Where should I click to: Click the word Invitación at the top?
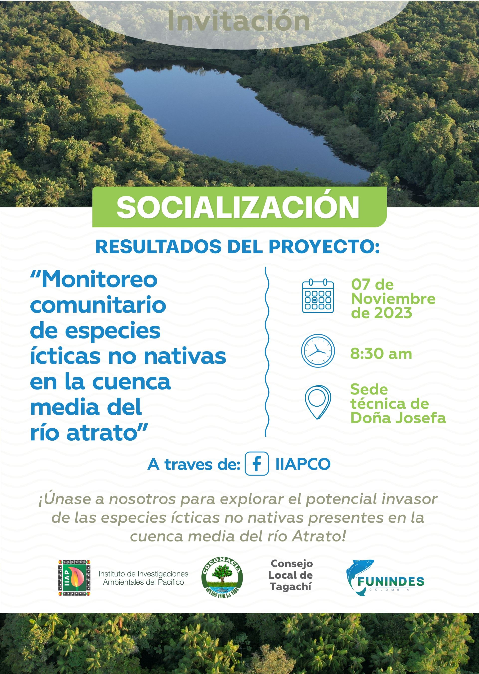(x=239, y=20)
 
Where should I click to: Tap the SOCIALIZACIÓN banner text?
(x=238, y=207)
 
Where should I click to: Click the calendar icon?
(x=318, y=296)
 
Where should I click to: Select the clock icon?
(x=318, y=351)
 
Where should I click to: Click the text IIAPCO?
(x=303, y=464)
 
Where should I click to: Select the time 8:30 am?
(x=381, y=353)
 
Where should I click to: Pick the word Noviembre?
(x=393, y=299)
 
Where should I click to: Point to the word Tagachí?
(x=290, y=587)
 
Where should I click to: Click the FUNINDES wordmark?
(x=391, y=582)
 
